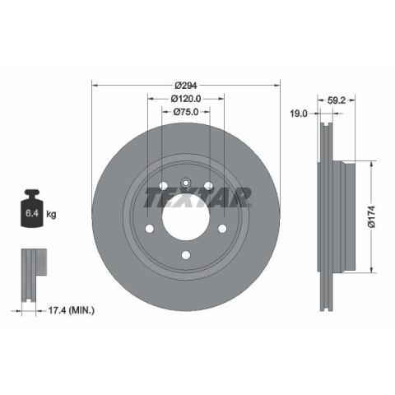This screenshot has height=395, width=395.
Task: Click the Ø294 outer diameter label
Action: coord(186,86)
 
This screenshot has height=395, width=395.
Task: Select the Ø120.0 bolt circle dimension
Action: coord(186,99)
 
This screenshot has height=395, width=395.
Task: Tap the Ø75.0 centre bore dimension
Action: coord(186,112)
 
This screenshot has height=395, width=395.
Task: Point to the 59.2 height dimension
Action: coord(337,100)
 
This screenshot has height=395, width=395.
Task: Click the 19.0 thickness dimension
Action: coord(299,114)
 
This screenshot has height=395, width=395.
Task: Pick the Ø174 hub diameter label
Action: coord(372,216)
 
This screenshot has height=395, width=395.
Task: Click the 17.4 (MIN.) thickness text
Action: coord(72,310)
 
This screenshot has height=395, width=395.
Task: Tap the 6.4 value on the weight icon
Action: coord(32,213)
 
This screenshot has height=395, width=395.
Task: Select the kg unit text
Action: coord(51,214)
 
